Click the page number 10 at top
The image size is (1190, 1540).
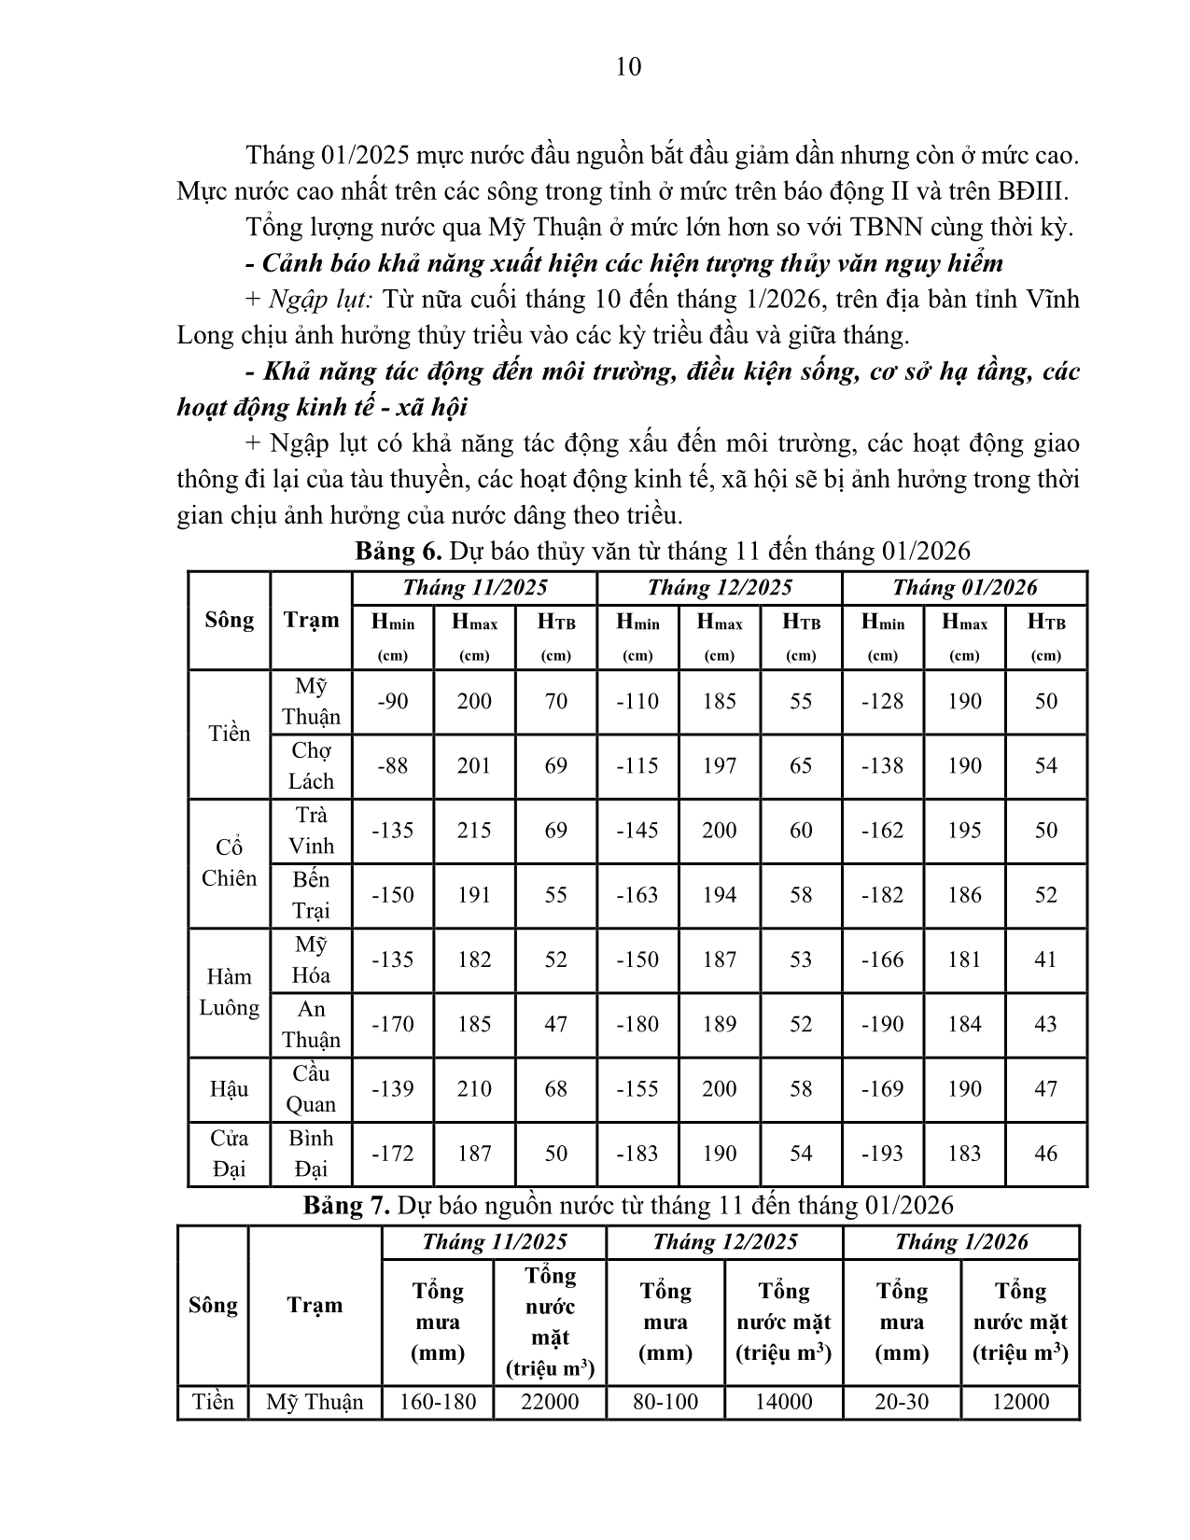pos(629,67)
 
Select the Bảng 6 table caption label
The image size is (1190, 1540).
pos(397,552)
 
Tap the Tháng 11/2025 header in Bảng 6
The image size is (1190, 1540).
pos(474,588)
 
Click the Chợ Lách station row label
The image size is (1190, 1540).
pos(311,765)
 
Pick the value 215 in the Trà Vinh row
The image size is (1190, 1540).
pos(474,830)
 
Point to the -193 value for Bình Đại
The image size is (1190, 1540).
pos(882,1154)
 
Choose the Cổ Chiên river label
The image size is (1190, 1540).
pos(229,862)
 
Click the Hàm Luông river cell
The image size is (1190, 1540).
pos(229,992)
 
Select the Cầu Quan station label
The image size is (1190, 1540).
pos(311,1088)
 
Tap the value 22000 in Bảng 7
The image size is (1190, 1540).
pos(549,1402)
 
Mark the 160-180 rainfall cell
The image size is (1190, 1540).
pos(438,1402)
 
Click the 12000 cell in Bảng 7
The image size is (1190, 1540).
pos(1019,1402)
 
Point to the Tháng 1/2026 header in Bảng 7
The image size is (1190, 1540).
pos(960,1242)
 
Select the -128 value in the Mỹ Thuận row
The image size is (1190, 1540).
pos(882,701)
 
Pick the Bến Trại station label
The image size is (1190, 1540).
pos(311,894)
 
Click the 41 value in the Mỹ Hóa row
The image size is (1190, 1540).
pos(1045,959)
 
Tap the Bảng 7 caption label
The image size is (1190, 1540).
pos(346,1206)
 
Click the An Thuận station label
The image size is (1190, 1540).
pos(311,1024)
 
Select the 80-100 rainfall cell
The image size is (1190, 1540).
pos(665,1402)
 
